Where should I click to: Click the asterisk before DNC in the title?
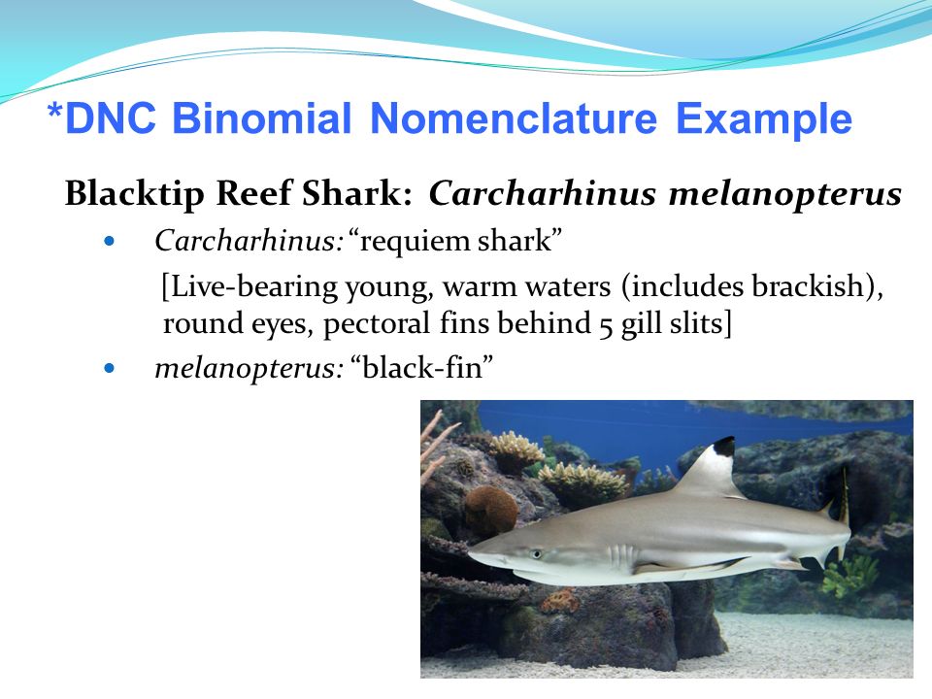pos(54,111)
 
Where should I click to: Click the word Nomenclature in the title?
pos(514,117)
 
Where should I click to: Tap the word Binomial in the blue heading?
pos(262,117)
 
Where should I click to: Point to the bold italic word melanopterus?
pos(785,194)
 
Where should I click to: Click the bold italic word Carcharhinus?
pos(542,192)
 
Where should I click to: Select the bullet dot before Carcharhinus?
pos(109,242)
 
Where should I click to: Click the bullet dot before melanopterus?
pos(109,369)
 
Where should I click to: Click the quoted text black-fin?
pos(422,367)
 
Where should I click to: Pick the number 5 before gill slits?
pos(606,326)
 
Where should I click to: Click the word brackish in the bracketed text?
pos(811,286)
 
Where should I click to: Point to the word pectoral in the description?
pos(377,324)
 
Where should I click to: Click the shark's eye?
pos(536,554)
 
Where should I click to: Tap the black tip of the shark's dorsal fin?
pos(724,446)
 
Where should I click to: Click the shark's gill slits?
pos(621,557)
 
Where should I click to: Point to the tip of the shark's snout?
pos(470,554)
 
